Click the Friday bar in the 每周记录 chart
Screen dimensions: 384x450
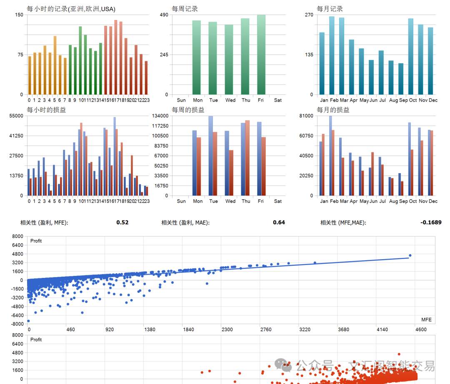[x=261, y=55]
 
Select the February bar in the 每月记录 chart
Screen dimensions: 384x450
[x=332, y=56]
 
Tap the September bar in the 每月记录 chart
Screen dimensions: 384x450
[x=401, y=79]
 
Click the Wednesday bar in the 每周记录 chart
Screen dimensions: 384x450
[x=229, y=60]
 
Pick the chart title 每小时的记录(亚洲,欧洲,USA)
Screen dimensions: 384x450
[x=71, y=9]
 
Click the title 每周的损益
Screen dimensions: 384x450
[x=188, y=110]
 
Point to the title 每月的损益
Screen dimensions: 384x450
[x=333, y=110]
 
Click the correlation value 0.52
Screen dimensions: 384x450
[x=122, y=223]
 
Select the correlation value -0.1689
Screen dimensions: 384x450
[x=431, y=223]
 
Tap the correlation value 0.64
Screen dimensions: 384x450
[x=279, y=223]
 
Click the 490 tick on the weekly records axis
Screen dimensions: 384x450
[x=164, y=15]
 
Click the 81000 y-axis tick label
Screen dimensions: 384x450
[x=307, y=116]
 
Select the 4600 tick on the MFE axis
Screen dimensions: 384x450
[x=421, y=329]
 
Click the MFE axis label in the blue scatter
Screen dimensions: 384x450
[x=426, y=320]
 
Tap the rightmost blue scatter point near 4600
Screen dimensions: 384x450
[x=410, y=255]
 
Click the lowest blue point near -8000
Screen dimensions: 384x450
[x=28, y=321]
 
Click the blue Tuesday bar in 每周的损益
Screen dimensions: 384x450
[x=210, y=156]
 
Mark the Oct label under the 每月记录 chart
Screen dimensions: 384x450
[x=413, y=100]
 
